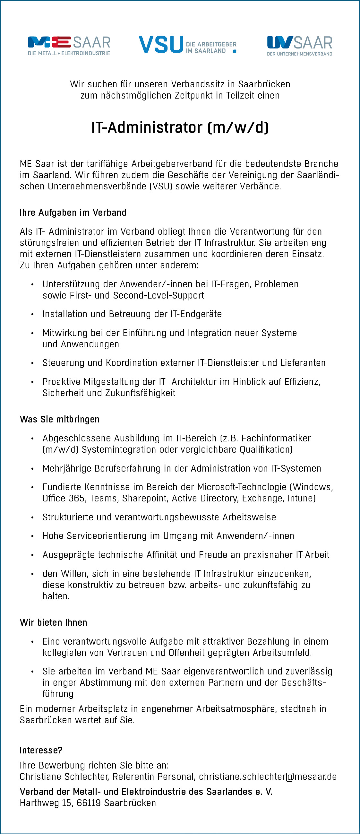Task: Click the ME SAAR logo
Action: [69, 46]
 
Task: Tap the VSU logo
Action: [187, 45]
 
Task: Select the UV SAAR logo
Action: [299, 46]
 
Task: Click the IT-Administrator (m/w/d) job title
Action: [180, 127]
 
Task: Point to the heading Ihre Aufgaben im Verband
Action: [73, 213]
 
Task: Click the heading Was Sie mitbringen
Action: [60, 419]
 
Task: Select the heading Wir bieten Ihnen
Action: [53, 622]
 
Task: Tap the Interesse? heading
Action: [41, 750]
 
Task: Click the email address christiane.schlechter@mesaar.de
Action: [268, 776]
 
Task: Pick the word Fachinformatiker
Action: [276, 439]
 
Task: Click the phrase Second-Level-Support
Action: [159, 295]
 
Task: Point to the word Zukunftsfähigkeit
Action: [140, 393]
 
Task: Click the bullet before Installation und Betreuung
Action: [32, 314]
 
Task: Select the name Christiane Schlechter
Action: [64, 776]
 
